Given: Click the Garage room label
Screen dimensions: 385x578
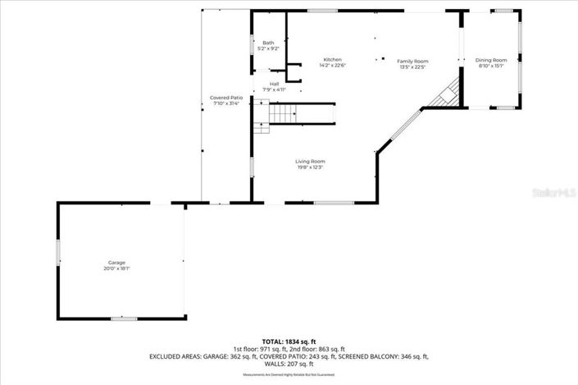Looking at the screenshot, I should (116, 263).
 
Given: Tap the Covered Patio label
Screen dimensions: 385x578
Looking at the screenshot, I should (226, 98).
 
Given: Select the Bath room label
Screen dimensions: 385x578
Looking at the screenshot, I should (268, 43).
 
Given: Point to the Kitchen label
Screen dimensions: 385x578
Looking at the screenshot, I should (332, 60).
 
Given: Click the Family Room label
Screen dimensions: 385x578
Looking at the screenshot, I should (413, 62).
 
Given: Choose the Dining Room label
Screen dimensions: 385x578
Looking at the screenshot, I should (491, 60).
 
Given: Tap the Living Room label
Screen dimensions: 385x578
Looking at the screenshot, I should (310, 161).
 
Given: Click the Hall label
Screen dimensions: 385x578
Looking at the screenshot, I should (275, 84).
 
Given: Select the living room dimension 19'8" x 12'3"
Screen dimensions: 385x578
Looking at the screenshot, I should (310, 167).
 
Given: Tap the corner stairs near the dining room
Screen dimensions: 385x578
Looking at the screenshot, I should (446, 94).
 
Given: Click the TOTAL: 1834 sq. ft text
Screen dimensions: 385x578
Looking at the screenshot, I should (289, 341).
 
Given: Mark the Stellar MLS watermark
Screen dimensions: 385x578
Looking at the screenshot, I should (555, 195).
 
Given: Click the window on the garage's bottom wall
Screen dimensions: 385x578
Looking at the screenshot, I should (124, 318).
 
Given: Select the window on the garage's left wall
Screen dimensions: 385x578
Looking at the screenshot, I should (58, 252).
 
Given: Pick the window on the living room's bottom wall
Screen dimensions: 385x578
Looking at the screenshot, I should (334, 203).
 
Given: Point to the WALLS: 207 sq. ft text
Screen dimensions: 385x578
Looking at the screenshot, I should (289, 364).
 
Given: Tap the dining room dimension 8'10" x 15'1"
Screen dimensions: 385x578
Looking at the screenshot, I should (491, 66).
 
